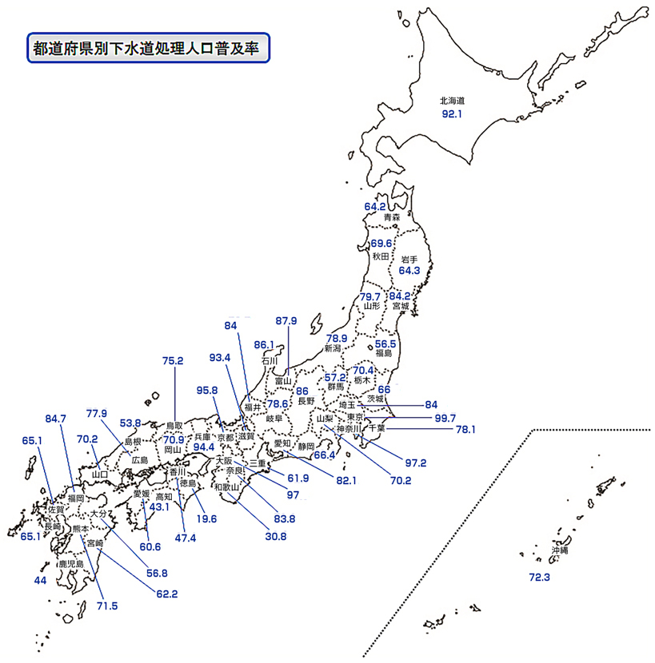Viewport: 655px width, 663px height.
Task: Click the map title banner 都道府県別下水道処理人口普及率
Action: pyautogui.click(x=146, y=48)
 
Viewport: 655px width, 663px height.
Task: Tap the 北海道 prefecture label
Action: pyautogui.click(x=452, y=101)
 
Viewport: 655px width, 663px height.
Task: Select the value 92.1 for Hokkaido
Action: pyautogui.click(x=453, y=115)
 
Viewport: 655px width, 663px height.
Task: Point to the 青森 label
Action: pyautogui.click(x=391, y=217)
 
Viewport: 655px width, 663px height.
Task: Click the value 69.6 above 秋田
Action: pyautogui.click(x=381, y=243)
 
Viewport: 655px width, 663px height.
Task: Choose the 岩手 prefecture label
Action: pyautogui.click(x=409, y=259)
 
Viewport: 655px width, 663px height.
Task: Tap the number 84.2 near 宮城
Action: pyautogui.click(x=400, y=296)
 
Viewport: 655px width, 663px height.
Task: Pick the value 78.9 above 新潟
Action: pyautogui.click(x=336, y=338)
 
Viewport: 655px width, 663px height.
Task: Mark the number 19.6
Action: pyautogui.click(x=206, y=518)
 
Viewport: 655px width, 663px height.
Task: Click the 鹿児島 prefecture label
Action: pyautogui.click(x=70, y=564)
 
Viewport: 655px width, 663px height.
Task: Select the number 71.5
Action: pyautogui.click(x=106, y=606)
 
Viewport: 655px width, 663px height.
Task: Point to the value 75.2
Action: pyautogui.click(x=173, y=360)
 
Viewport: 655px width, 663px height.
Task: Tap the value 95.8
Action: pyautogui.click(x=206, y=390)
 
